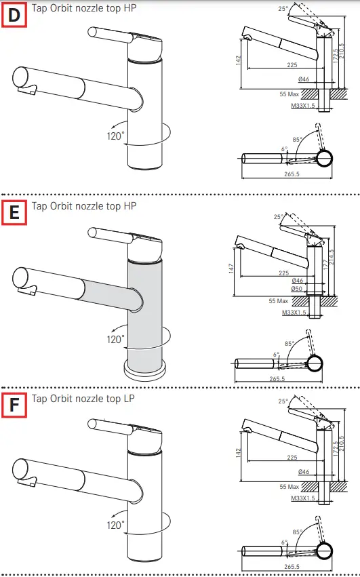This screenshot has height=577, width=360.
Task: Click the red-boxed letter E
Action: pos(14,212)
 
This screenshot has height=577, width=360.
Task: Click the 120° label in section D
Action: pos(115,136)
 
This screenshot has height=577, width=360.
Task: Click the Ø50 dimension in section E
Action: pos(297,289)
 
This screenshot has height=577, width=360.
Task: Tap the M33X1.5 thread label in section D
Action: pos(303,106)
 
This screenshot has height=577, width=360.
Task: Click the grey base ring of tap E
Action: pos(144,369)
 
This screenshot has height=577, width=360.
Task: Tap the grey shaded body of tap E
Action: pos(144,312)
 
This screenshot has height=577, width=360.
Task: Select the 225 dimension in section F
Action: pos(293,457)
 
